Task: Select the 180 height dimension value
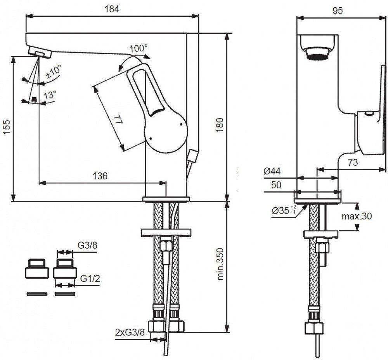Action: [219, 125]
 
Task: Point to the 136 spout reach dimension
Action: [100, 176]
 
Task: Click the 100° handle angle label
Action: [139, 49]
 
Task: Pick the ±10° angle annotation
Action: [53, 72]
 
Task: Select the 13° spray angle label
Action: [50, 95]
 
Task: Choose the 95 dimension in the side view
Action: [338, 10]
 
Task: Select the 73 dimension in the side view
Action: [352, 163]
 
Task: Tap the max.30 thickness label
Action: [357, 216]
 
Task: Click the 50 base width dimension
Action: [276, 185]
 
